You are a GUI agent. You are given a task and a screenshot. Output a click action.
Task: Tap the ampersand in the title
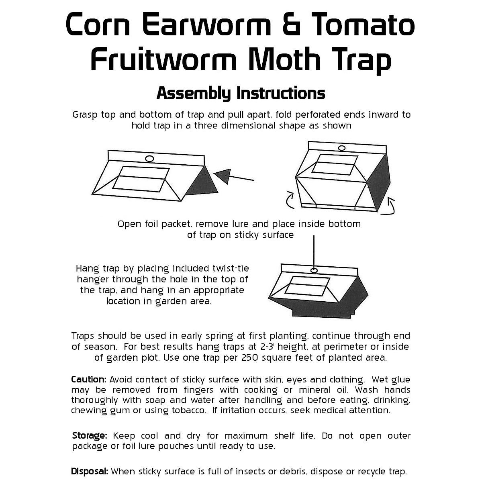[288, 25]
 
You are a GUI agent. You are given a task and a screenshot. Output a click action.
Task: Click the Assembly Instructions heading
[241, 93]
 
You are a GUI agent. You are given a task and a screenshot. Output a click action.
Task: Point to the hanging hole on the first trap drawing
[149, 159]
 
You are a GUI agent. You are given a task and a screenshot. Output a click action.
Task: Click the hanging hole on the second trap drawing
[342, 148]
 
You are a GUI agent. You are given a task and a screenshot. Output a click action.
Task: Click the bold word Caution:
[89, 380]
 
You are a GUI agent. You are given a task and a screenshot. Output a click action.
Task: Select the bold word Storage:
[90, 436]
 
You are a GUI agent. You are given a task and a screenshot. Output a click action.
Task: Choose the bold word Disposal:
[90, 472]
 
